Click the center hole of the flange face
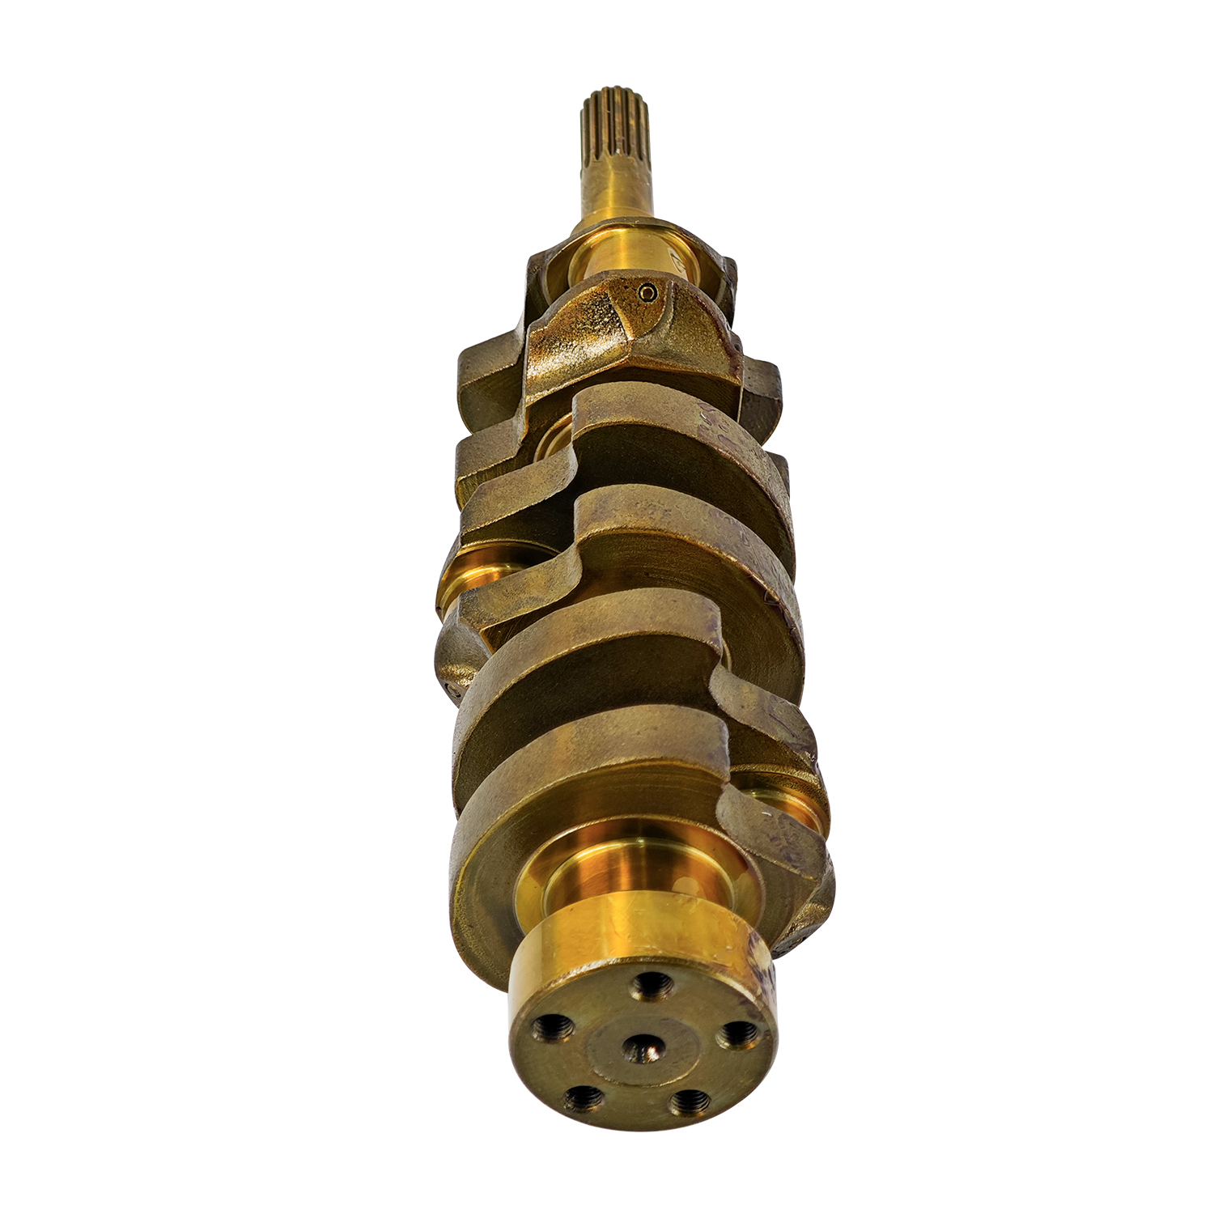click(x=643, y=1049)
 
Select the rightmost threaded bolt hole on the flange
click(x=737, y=1033)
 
